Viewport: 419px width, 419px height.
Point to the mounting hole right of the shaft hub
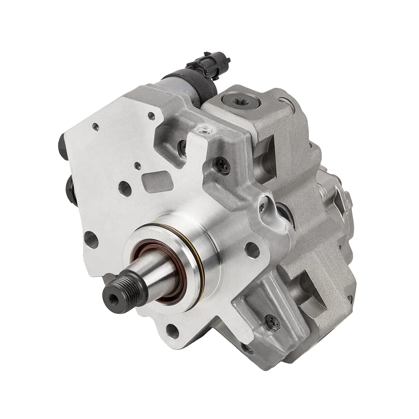point(252,249)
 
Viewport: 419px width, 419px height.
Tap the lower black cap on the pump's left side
point(71,190)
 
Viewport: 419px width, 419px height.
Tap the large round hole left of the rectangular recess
point(125,188)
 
